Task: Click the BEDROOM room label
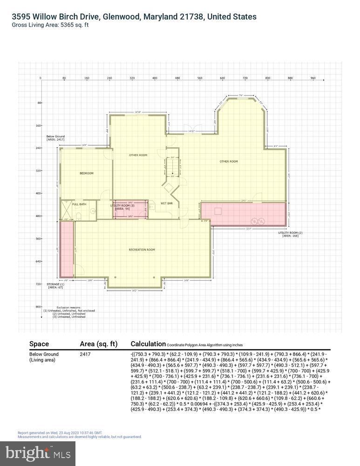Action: click(x=87, y=173)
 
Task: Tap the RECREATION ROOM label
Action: click(x=142, y=250)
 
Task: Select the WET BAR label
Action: click(x=167, y=204)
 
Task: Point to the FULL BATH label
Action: click(x=79, y=204)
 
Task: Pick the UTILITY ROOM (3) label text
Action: click(x=122, y=206)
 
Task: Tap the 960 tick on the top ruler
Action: click(x=312, y=78)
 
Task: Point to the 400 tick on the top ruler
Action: click(x=155, y=78)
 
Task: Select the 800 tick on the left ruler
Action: click(x=39, y=307)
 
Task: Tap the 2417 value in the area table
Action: click(x=85, y=355)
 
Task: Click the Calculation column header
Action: click(x=148, y=344)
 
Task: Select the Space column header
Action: click(x=39, y=344)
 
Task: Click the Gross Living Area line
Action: click(x=50, y=25)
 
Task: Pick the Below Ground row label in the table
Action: click(x=44, y=355)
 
